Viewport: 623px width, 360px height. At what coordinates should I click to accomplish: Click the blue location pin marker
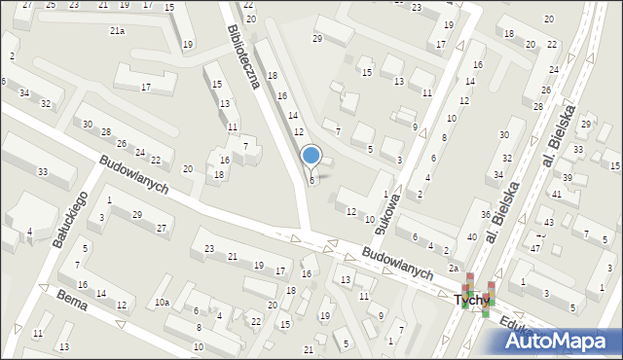[311, 156]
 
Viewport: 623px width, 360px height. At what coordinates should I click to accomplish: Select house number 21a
[117, 31]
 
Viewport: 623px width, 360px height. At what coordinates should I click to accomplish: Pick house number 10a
[162, 303]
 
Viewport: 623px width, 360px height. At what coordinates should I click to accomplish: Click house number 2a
[453, 268]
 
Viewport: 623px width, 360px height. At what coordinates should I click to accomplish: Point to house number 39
[567, 176]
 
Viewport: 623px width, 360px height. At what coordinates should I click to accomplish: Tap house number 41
[557, 195]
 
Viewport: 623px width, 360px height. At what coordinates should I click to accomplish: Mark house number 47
[534, 248]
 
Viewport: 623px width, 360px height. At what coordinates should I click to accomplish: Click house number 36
[485, 214]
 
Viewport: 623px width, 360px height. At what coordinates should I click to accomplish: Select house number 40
[471, 237]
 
